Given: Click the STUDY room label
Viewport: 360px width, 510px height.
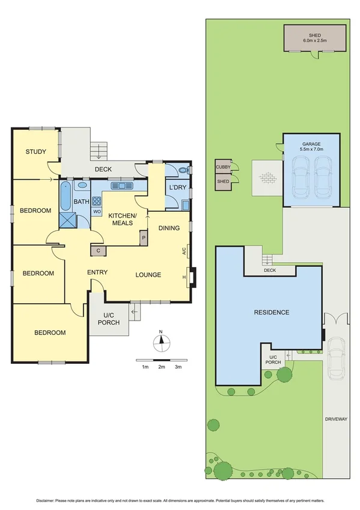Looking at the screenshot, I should [x=35, y=152].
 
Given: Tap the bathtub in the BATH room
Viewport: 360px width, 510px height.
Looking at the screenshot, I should [x=65, y=196].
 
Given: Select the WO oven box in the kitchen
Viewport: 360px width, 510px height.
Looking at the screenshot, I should [x=96, y=211].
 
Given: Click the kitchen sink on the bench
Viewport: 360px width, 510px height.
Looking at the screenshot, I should [x=126, y=186].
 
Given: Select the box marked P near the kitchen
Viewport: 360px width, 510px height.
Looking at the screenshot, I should [x=143, y=238].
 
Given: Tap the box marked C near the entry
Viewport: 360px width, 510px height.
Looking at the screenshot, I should [x=97, y=250].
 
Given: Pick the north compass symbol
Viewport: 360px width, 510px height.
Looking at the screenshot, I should [x=161, y=343].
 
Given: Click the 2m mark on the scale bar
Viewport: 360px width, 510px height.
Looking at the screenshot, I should [x=161, y=366].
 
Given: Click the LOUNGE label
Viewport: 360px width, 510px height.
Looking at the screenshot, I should [x=148, y=275].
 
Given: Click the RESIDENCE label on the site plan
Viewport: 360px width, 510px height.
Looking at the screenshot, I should [x=272, y=312].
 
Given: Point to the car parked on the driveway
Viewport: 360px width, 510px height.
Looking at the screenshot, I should [x=335, y=358].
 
